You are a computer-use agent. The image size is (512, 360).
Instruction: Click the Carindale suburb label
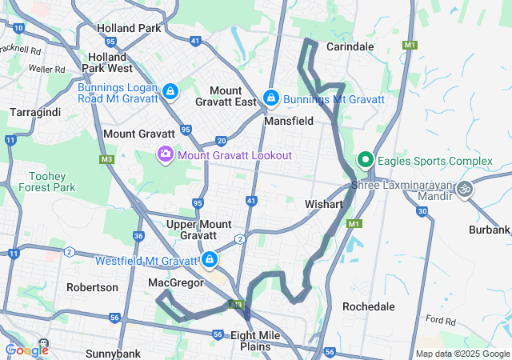(350, 46)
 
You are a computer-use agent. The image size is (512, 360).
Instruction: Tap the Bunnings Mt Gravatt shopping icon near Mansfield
(271, 98)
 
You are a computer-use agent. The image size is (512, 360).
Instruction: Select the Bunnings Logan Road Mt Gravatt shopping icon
(170, 91)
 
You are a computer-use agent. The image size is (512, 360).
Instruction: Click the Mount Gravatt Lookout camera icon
(166, 153)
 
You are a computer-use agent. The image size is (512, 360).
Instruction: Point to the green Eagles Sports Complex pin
(366, 159)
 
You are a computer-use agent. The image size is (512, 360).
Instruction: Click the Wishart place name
(324, 205)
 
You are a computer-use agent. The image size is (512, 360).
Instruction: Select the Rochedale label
(368, 306)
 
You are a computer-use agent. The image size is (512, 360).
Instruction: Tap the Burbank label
(490, 230)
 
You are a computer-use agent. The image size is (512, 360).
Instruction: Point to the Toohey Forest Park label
(51, 182)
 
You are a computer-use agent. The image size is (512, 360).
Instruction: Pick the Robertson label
(92, 287)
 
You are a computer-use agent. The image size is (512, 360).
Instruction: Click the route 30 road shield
(422, 211)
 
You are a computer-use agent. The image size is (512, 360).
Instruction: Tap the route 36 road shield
(138, 236)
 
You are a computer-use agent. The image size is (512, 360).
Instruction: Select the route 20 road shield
(221, 140)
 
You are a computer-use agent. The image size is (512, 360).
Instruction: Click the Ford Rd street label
(440, 320)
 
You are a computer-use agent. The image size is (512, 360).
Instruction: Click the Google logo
(26, 350)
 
